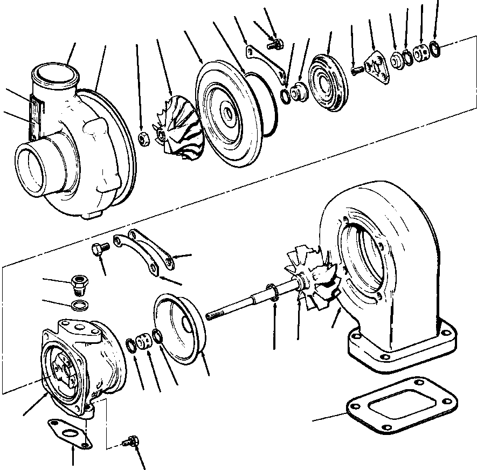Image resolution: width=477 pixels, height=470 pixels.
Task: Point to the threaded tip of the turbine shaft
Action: click(212, 314)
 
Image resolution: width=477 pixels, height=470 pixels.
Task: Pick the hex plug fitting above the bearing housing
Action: click(79, 282)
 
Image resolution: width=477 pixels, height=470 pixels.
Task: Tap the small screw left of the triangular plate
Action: click(356, 70)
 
